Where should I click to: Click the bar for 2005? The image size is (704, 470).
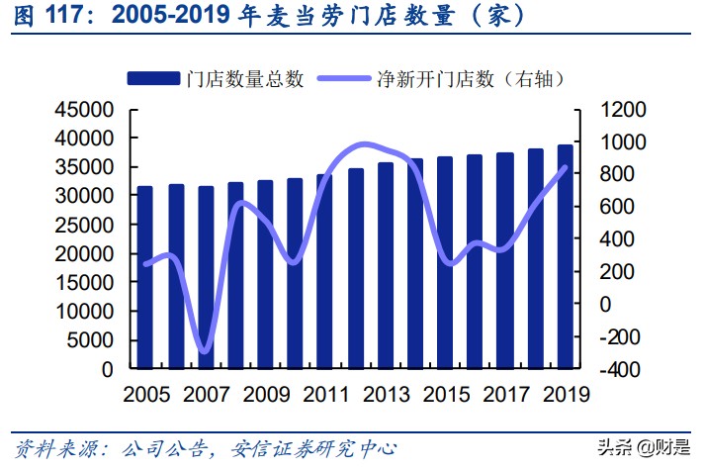145,277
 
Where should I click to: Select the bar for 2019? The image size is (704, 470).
565,256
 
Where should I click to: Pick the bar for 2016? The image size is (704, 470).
475,261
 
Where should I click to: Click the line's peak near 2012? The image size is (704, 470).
364,144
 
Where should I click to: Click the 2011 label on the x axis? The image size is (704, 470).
325,394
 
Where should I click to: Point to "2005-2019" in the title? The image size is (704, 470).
165,17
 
